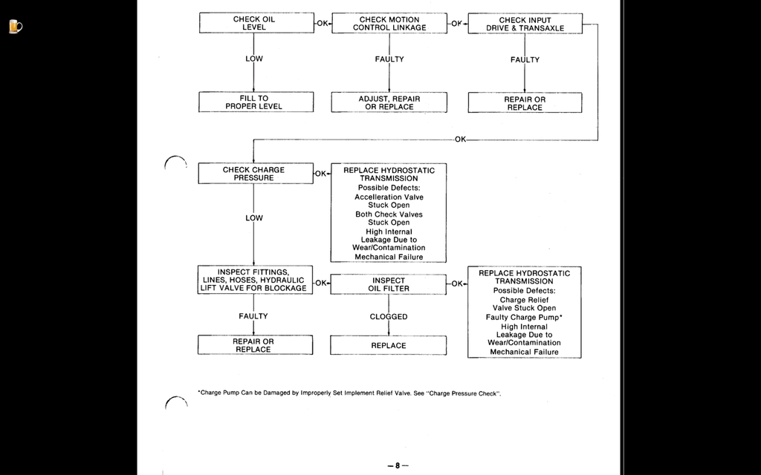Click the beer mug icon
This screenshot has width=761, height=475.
(x=15, y=26)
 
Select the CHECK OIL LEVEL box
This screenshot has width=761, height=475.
(x=256, y=23)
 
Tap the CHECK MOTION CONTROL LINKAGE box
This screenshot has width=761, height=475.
(x=389, y=23)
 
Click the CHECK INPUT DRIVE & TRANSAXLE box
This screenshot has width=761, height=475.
(x=525, y=24)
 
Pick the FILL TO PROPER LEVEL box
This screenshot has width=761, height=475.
(x=256, y=102)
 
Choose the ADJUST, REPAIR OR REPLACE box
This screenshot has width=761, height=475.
(x=389, y=102)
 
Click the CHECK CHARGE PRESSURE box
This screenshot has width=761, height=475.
(x=256, y=174)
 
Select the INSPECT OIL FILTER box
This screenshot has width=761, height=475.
(x=388, y=284)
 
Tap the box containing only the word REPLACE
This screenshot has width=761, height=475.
(x=388, y=346)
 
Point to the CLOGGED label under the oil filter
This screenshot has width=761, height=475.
(x=388, y=316)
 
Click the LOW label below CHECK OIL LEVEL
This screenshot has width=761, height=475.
(x=254, y=59)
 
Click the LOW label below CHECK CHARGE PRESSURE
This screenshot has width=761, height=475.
(x=254, y=218)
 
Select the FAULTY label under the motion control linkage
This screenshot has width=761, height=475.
(x=389, y=59)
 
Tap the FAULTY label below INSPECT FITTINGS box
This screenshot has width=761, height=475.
(x=253, y=316)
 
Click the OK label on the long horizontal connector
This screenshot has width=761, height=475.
(x=460, y=140)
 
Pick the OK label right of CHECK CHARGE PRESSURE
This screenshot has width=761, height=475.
(x=321, y=174)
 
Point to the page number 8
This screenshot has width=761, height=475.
(x=398, y=466)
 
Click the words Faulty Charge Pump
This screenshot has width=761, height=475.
(x=522, y=318)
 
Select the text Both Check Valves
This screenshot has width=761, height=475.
(x=389, y=214)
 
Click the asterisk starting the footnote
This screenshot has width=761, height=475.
(x=199, y=392)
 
